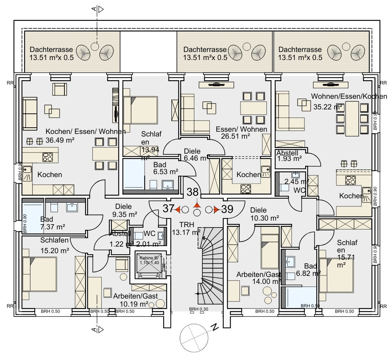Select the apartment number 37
coord(168,209)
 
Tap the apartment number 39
coord(227,209)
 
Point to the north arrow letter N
coord(215,327)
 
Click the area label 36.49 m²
coord(60,140)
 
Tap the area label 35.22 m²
coord(328,107)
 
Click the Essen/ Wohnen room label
coord(241,129)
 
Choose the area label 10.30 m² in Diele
coord(265,218)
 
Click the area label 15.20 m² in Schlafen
coord(55,251)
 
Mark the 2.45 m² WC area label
coord(292,181)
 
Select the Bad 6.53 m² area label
coord(165,168)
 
